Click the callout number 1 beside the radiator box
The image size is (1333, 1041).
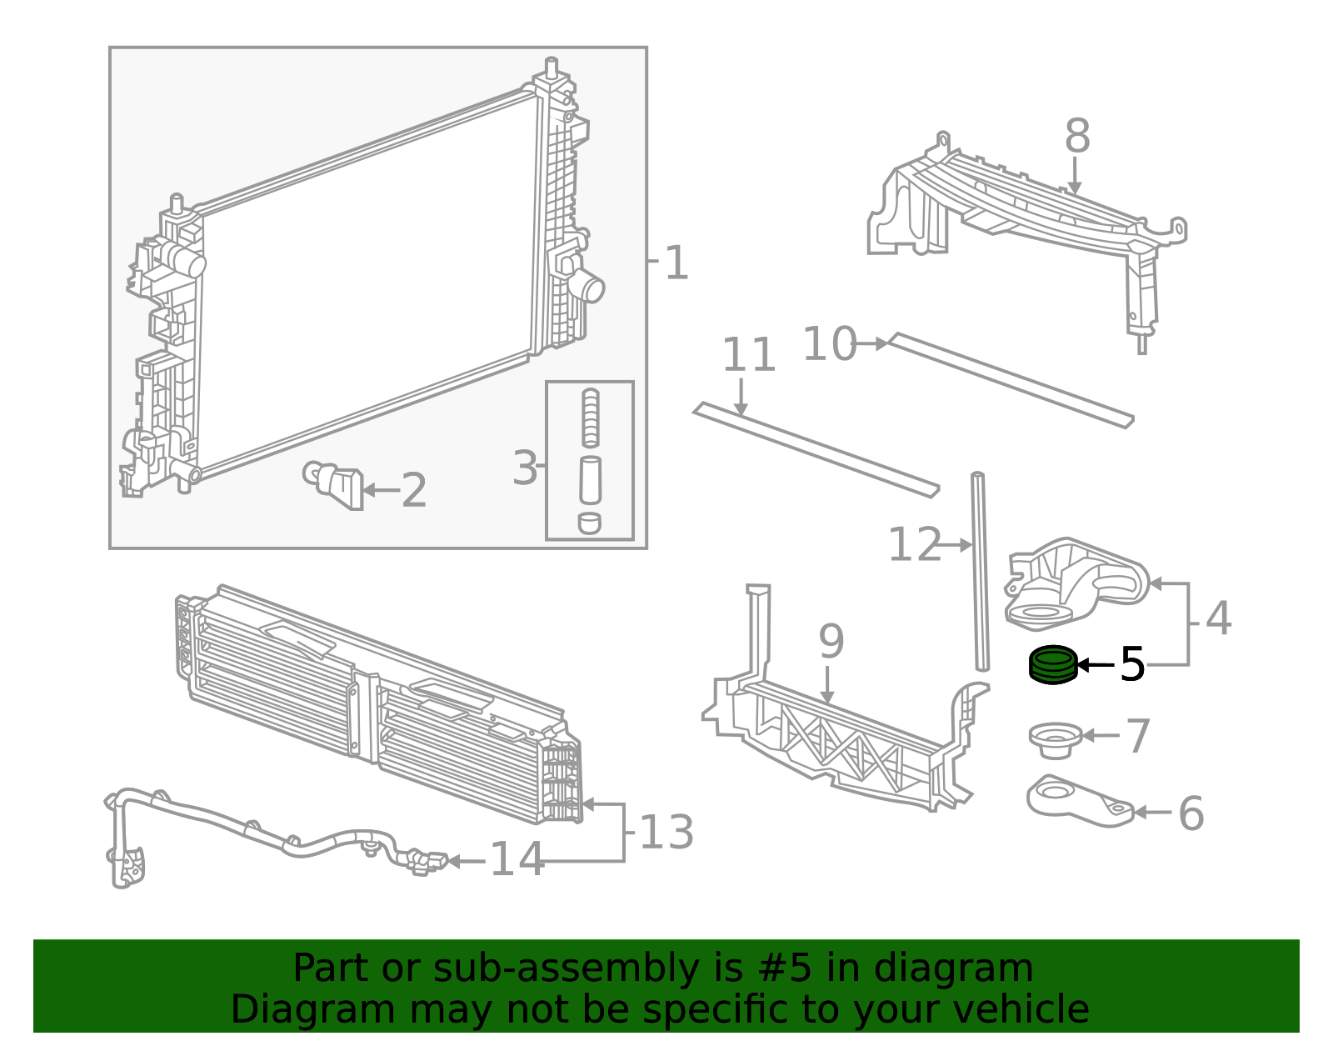click(x=676, y=263)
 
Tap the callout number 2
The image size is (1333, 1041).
click(x=414, y=489)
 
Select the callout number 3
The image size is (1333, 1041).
click(x=525, y=468)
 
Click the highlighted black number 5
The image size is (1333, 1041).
click(x=1131, y=663)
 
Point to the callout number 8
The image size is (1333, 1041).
click(x=1077, y=136)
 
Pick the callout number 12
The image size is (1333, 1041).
click(x=915, y=543)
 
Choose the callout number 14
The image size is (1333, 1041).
click(x=517, y=858)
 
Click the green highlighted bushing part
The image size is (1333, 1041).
click(x=1053, y=664)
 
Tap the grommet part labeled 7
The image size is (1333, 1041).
click(x=1055, y=740)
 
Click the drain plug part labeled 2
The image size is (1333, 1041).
click(x=334, y=484)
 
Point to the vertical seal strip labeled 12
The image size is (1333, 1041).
click(x=981, y=571)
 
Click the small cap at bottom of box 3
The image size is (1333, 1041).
click(x=590, y=523)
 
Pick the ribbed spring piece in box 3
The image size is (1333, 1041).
click(x=590, y=418)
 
